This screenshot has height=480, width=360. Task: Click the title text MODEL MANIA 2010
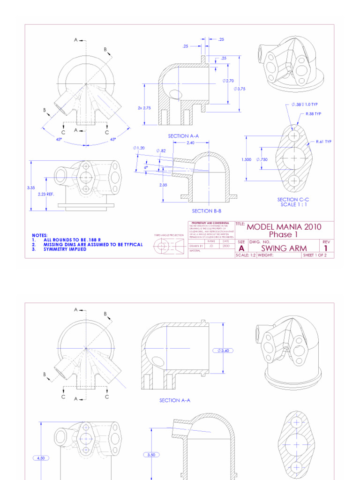point(284,227)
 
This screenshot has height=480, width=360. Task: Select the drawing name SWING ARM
point(284,248)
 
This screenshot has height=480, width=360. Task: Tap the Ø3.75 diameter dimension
point(240,89)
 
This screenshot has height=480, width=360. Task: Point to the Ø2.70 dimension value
point(228,81)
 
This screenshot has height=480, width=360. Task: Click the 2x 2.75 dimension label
point(144,108)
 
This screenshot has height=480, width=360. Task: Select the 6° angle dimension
point(146,167)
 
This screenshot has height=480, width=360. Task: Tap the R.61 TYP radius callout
point(323,142)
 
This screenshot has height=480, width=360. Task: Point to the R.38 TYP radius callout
point(314,114)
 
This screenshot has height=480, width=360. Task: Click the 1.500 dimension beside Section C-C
point(247,159)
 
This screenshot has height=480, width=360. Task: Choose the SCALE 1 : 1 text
point(293,204)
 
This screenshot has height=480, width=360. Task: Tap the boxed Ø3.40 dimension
point(223,350)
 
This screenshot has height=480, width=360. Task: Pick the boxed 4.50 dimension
point(42,458)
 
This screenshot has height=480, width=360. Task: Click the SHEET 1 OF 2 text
point(317,255)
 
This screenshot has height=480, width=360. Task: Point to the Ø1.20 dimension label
point(139,148)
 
